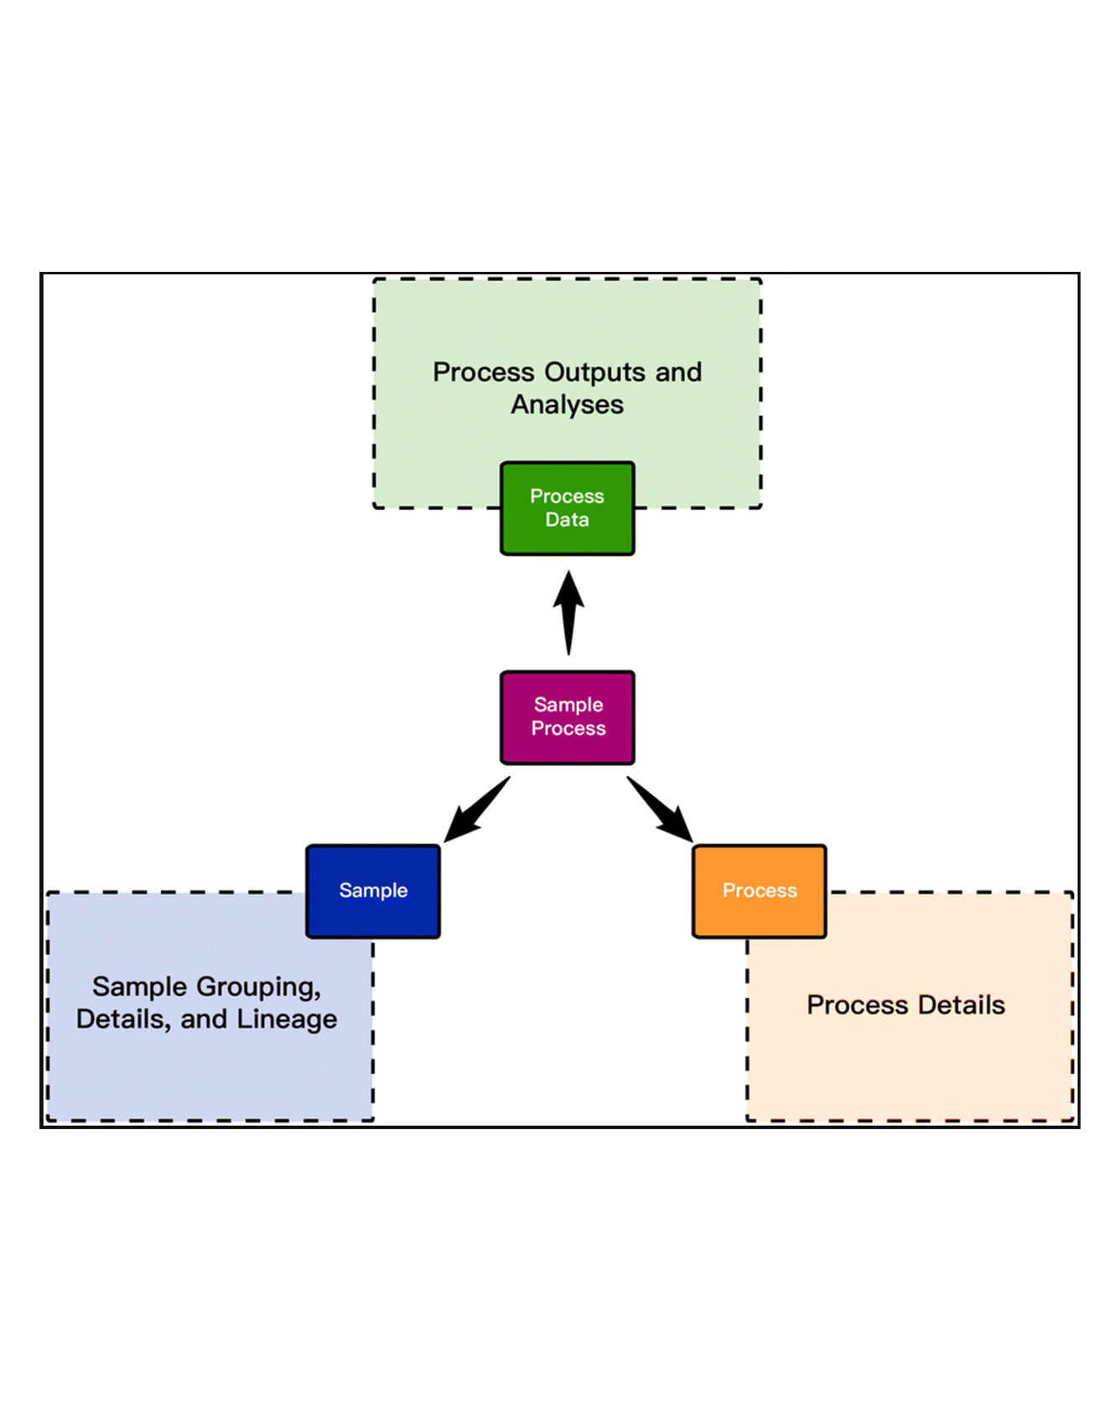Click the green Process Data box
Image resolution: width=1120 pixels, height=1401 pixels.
tap(567, 508)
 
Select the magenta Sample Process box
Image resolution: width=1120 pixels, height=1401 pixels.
tap(567, 717)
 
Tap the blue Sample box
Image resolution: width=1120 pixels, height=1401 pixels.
tap(373, 891)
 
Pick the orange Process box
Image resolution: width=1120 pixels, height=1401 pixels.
tap(760, 891)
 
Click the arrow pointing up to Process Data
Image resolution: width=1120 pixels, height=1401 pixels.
tap(568, 612)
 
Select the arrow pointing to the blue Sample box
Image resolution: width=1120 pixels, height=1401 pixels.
tap(475, 810)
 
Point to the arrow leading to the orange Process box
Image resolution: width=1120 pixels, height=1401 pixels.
tap(661, 810)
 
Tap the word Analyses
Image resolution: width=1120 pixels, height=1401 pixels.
tap(568, 404)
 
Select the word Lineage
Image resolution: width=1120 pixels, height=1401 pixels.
tap(287, 1019)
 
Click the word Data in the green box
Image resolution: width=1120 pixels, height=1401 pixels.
tap(567, 520)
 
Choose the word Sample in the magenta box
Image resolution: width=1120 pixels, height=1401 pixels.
tap(568, 705)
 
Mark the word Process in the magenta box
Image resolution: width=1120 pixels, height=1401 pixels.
tap(568, 728)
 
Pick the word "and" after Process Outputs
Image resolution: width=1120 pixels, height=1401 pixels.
tap(678, 372)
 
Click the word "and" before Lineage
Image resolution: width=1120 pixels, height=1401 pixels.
tap(204, 1019)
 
